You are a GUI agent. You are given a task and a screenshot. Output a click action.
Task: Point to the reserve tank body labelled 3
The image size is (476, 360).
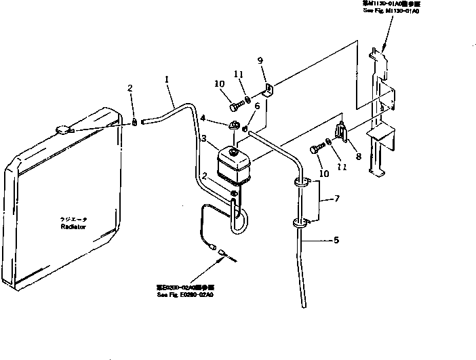click(231, 166)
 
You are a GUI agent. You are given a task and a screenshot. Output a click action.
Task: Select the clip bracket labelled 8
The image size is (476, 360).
click(341, 131)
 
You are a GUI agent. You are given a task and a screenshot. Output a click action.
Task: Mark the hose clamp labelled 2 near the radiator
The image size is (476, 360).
click(134, 122)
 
